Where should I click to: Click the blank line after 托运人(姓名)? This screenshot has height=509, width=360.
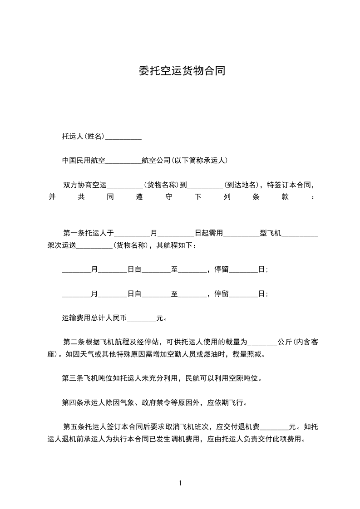pyautogui.click(x=123, y=137)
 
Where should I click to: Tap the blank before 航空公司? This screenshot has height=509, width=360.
pyautogui.click(x=123, y=160)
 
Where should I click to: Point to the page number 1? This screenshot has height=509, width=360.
pyautogui.click(x=180, y=483)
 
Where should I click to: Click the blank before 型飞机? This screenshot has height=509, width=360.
pyautogui.click(x=242, y=234)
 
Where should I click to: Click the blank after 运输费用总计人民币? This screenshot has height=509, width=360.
pyautogui.click(x=142, y=318)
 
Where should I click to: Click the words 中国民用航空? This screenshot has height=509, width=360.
pyautogui.click(x=84, y=160)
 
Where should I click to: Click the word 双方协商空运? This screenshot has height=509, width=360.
pyautogui.click(x=85, y=185)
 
